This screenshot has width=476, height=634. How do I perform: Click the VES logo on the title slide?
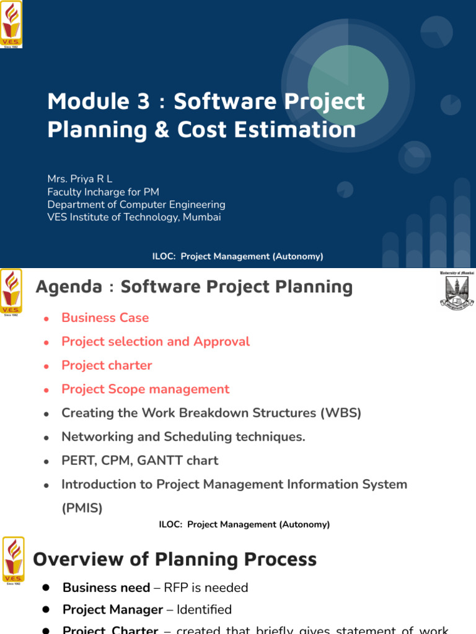pyautogui.click(x=12, y=25)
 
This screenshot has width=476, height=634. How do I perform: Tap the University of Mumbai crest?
pyautogui.click(x=456, y=290)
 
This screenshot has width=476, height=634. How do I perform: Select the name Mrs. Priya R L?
pyautogui.click(x=79, y=179)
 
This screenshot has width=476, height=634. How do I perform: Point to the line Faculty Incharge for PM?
pyautogui.click(x=103, y=192)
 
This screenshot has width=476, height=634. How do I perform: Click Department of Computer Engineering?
pyautogui.click(x=136, y=204)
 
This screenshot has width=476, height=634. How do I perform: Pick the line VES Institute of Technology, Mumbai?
pyautogui.click(x=134, y=217)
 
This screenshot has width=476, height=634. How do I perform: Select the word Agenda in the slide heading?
pyautogui.click(x=69, y=287)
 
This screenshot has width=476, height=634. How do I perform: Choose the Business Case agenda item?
pyautogui.click(x=105, y=318)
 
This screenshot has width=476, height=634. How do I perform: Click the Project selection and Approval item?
pyautogui.click(x=156, y=342)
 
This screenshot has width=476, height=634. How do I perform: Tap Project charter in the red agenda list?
pyautogui.click(x=107, y=365)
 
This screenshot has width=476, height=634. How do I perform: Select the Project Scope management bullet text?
pyautogui.click(x=145, y=389)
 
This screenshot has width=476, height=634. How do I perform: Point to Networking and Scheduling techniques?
pyautogui.click(x=183, y=437)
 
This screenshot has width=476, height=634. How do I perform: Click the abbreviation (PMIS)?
pyautogui.click(x=82, y=508)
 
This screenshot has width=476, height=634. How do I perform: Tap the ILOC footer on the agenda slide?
pyautogui.click(x=244, y=524)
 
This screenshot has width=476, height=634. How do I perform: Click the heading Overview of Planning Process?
pyautogui.click(x=175, y=560)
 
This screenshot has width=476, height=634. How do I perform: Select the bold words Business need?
pyautogui.click(x=106, y=588)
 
